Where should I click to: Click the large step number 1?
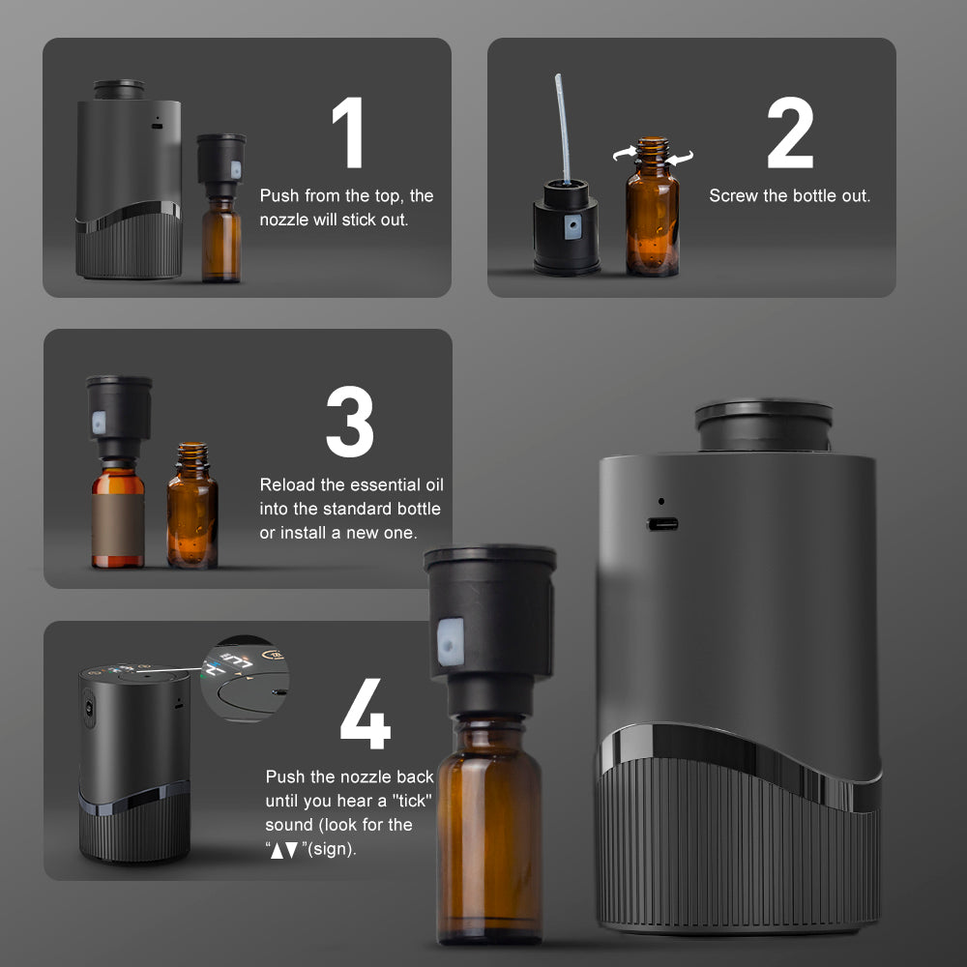pyautogui.click(x=348, y=132)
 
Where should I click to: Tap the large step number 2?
pyautogui.click(x=791, y=132)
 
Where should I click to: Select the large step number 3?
pyautogui.click(x=350, y=422)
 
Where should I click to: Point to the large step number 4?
pyautogui.click(x=366, y=714)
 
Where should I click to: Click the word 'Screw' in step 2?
pyautogui.click(x=733, y=196)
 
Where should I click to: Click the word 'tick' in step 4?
pyautogui.click(x=412, y=801)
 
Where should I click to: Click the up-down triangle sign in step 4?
pyautogui.click(x=284, y=850)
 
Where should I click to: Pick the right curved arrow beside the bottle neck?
pyautogui.click(x=680, y=158)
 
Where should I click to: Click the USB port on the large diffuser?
pyautogui.click(x=662, y=524)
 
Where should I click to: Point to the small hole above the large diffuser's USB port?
pyautogui.click(x=661, y=501)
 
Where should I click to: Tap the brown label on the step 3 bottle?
pyautogui.click(x=118, y=524)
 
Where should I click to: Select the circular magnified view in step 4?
pyautogui.click(x=245, y=679)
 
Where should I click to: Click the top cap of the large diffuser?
pyautogui.click(x=764, y=425)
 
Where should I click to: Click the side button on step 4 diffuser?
pyautogui.click(x=89, y=708)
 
